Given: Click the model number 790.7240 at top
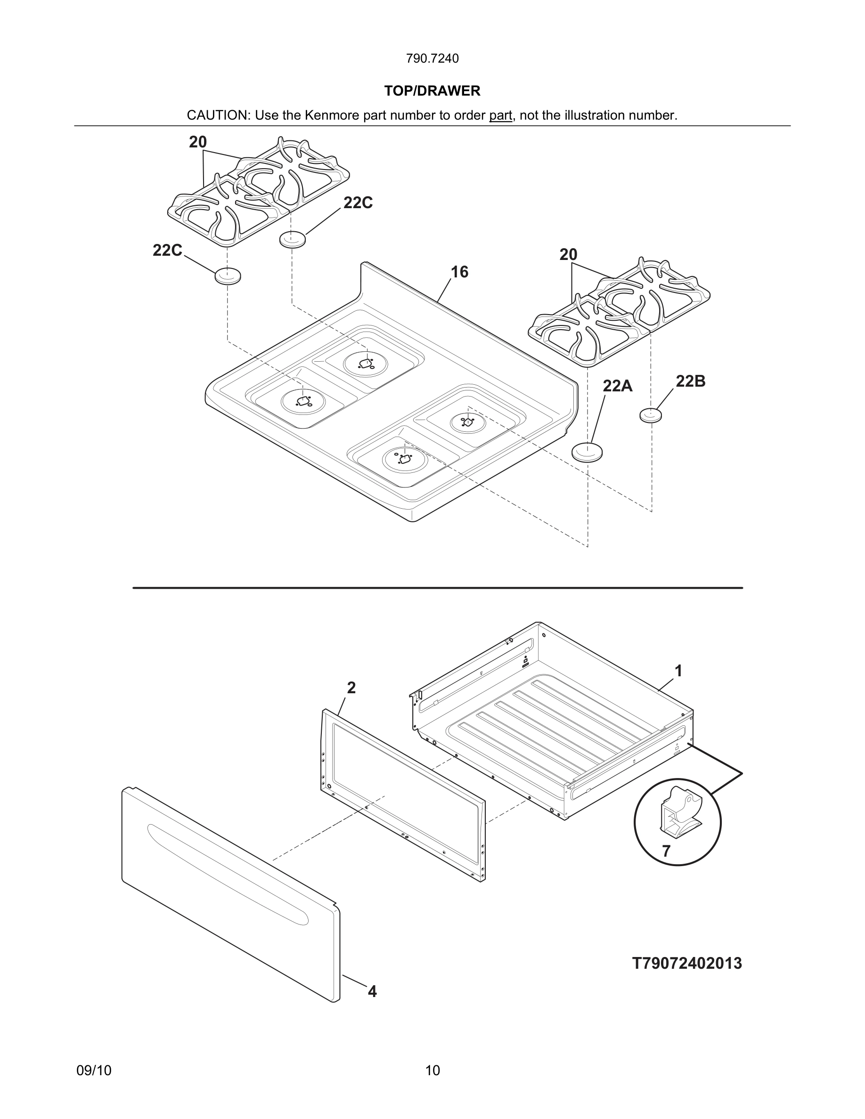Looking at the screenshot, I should [x=432, y=59].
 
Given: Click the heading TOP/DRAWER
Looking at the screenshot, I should [x=432, y=91].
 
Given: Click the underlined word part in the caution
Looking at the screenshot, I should [x=500, y=116].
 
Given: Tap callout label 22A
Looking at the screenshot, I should [x=617, y=386].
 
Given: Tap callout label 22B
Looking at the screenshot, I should [x=690, y=381].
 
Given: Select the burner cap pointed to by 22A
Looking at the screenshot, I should [x=587, y=452].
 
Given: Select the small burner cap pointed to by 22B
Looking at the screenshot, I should [x=650, y=415].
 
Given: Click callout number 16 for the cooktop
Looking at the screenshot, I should [x=459, y=272].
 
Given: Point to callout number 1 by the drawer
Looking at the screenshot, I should [x=678, y=671].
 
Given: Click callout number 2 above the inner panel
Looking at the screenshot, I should [x=351, y=688].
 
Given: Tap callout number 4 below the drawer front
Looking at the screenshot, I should [x=372, y=991].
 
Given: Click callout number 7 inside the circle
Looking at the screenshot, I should [x=666, y=851].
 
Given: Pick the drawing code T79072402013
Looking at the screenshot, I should [x=686, y=963].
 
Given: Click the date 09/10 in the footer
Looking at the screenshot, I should [x=94, y=1070].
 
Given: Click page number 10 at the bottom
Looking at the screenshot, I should [x=432, y=1070].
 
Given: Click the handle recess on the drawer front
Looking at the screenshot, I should [x=228, y=875].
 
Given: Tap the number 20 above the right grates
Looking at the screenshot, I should [x=568, y=255].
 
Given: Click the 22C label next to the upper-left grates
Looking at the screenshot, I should [x=358, y=203].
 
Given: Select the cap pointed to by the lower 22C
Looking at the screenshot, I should [x=228, y=276].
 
